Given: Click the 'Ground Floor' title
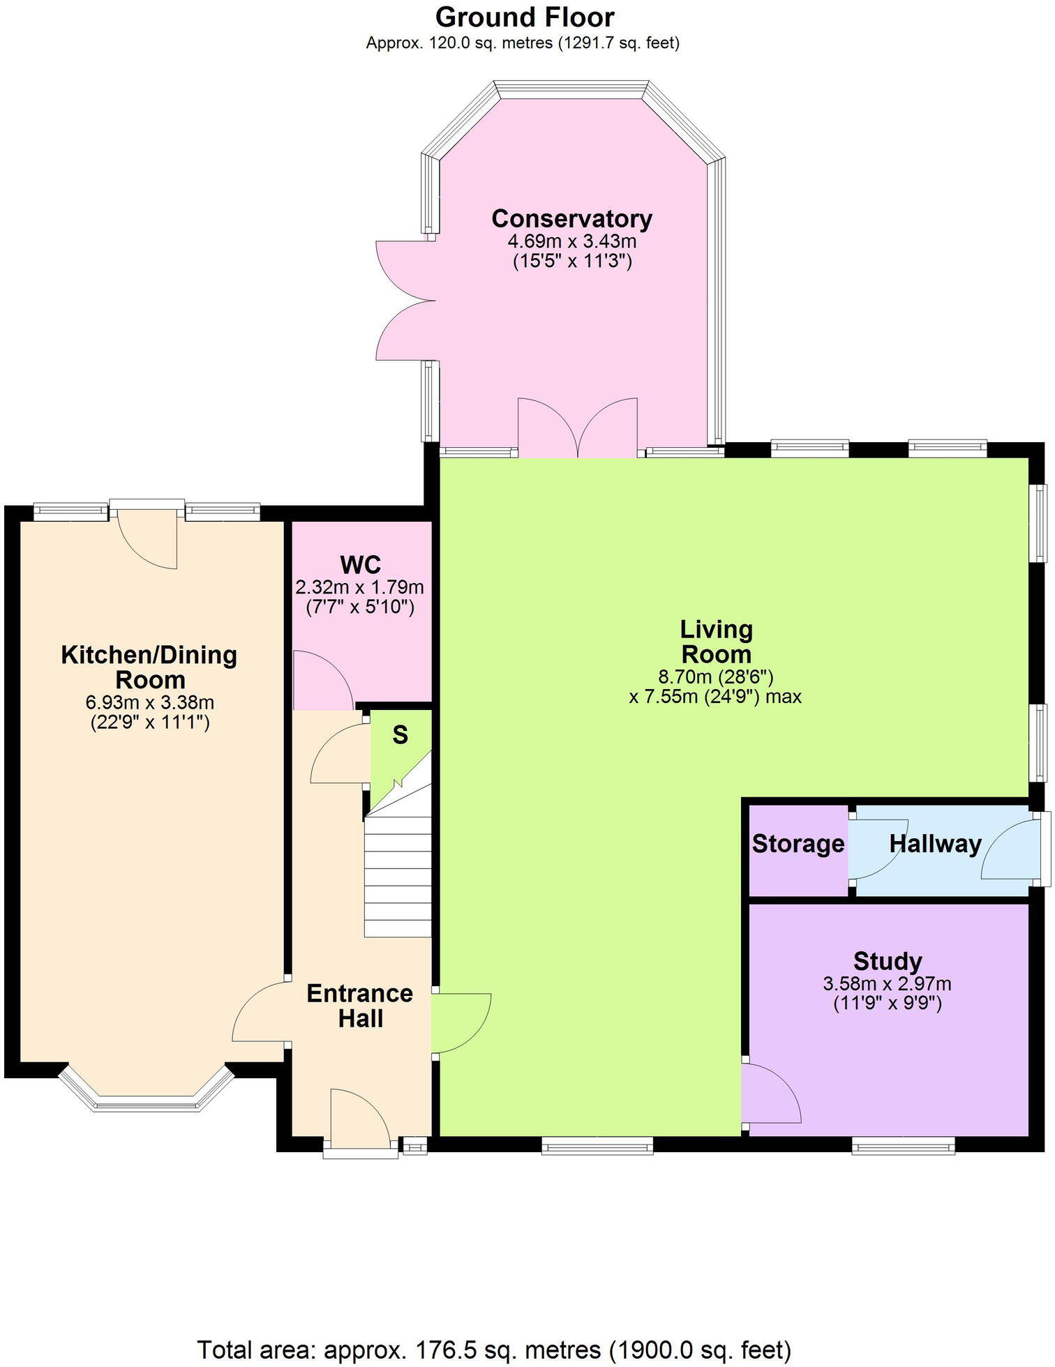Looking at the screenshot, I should (x=525, y=17).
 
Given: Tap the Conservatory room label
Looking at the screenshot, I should (x=571, y=218).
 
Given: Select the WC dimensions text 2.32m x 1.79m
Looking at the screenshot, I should (x=359, y=587).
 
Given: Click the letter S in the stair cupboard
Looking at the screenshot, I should (x=400, y=734).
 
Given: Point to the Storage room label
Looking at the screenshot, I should (x=798, y=844).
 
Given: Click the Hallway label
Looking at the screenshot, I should (x=935, y=844).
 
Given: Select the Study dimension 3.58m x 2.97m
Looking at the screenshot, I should (x=887, y=984).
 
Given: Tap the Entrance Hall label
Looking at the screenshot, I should (x=360, y=1006).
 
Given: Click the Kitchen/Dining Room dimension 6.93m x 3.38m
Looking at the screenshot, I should (x=149, y=702).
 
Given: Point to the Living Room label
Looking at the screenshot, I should (x=716, y=642).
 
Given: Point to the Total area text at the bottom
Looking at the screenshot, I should (x=494, y=1350).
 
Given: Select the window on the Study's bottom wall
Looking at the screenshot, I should (x=903, y=1145).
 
